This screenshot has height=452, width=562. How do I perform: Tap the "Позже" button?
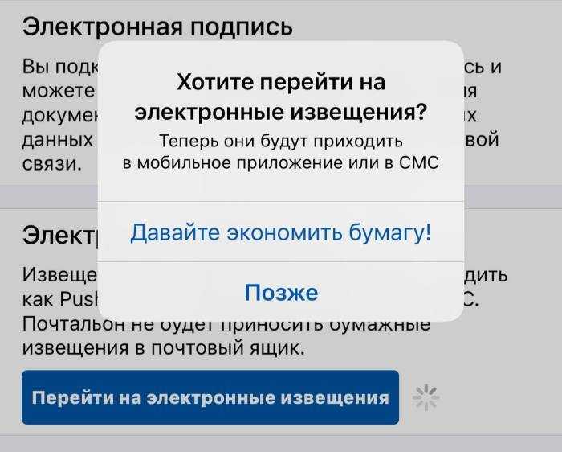point(281,293)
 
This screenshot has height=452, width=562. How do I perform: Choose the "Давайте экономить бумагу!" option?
point(281,233)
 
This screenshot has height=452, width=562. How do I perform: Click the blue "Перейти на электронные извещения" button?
point(210,397)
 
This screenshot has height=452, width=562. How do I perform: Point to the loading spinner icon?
point(426,397)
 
